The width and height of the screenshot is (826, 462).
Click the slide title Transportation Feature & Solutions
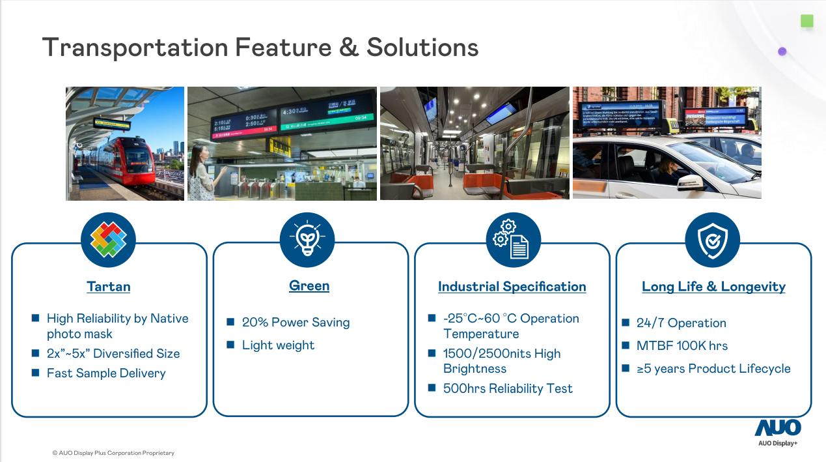click(260, 48)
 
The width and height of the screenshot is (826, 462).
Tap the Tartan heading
click(109, 287)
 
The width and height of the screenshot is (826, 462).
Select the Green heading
click(309, 285)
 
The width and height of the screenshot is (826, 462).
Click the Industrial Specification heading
click(512, 287)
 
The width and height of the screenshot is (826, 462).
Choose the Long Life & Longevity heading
click(713, 287)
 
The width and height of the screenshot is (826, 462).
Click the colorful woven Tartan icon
click(108, 240)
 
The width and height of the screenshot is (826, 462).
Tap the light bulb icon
click(307, 240)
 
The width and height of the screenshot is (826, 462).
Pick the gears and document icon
click(513, 240)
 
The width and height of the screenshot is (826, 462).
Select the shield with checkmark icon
click(712, 240)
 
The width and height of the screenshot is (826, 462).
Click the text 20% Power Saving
click(296, 323)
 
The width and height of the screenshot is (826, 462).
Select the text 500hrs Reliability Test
click(508, 388)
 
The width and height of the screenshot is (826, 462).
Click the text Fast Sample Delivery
click(106, 373)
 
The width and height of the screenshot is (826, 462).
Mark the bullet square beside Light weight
click(230, 345)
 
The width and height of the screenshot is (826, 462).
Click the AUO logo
click(778, 428)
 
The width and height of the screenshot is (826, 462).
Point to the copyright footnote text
click(113, 453)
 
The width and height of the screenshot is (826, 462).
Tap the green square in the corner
click(807, 22)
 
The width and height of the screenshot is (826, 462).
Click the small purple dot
click(782, 51)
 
